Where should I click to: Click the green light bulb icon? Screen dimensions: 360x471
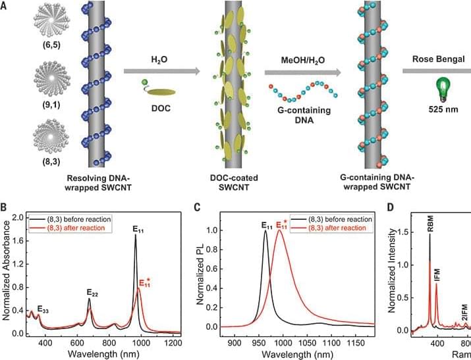(437, 86)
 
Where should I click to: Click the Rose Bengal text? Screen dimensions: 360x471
(437, 58)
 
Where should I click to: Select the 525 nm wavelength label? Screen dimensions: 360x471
(437, 109)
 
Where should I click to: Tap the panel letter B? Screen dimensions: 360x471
(7, 207)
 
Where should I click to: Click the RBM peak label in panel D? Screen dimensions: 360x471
(429, 228)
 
